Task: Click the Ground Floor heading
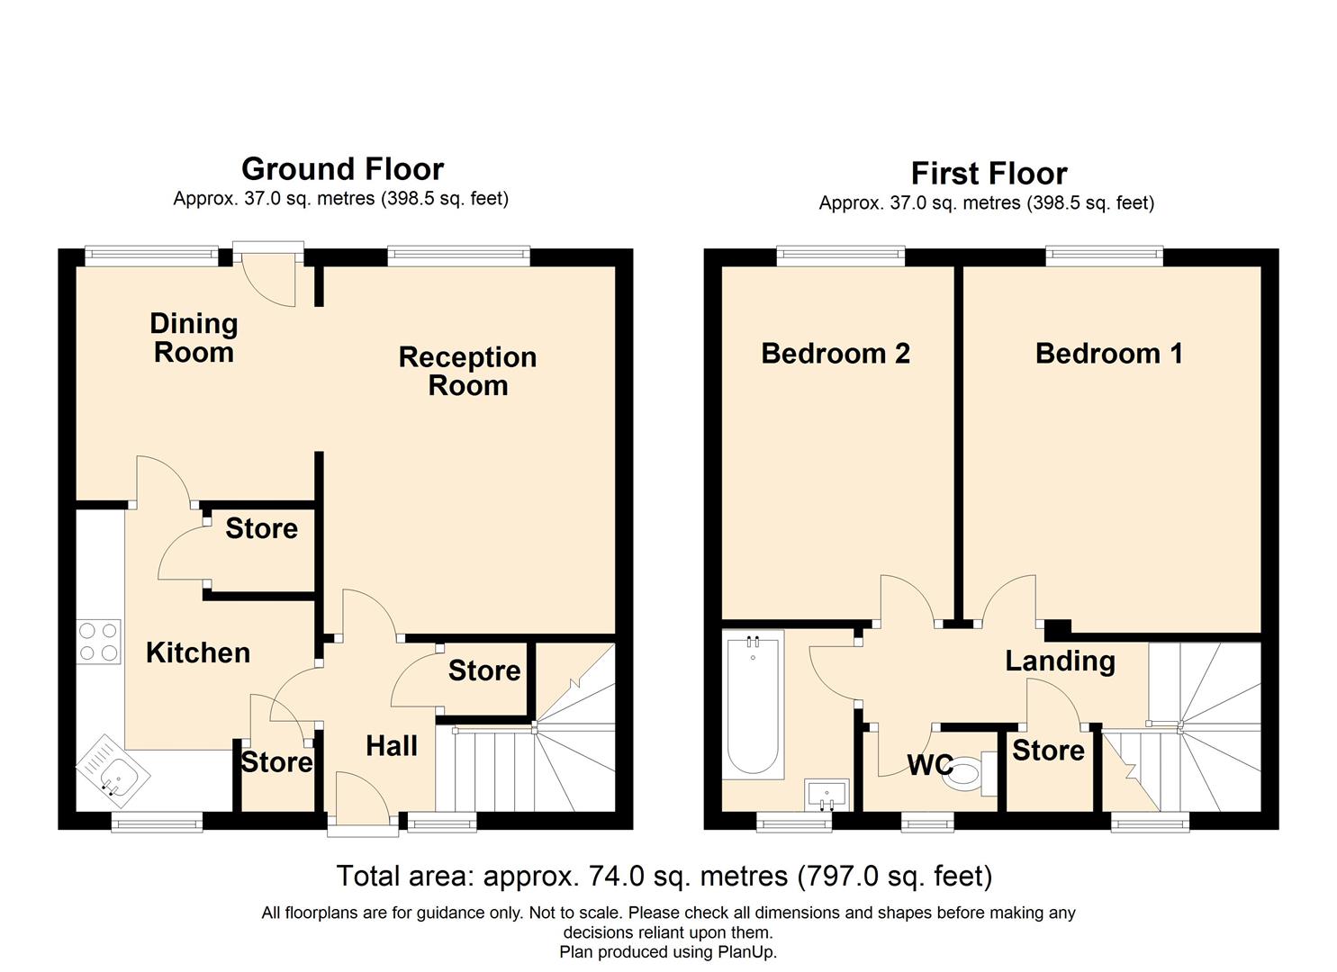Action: click(x=342, y=169)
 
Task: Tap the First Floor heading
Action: click(x=989, y=175)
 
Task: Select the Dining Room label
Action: click(x=194, y=337)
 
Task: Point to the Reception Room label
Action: click(x=467, y=371)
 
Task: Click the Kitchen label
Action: click(x=197, y=652)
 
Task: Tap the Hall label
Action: click(x=392, y=746)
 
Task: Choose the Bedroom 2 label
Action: click(x=835, y=353)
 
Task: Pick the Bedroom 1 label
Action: click(x=1109, y=353)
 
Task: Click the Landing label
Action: click(x=1060, y=661)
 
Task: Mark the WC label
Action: click(x=930, y=765)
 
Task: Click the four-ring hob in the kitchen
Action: click(x=98, y=642)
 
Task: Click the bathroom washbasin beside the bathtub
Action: click(x=827, y=795)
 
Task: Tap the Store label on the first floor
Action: click(x=1048, y=751)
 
